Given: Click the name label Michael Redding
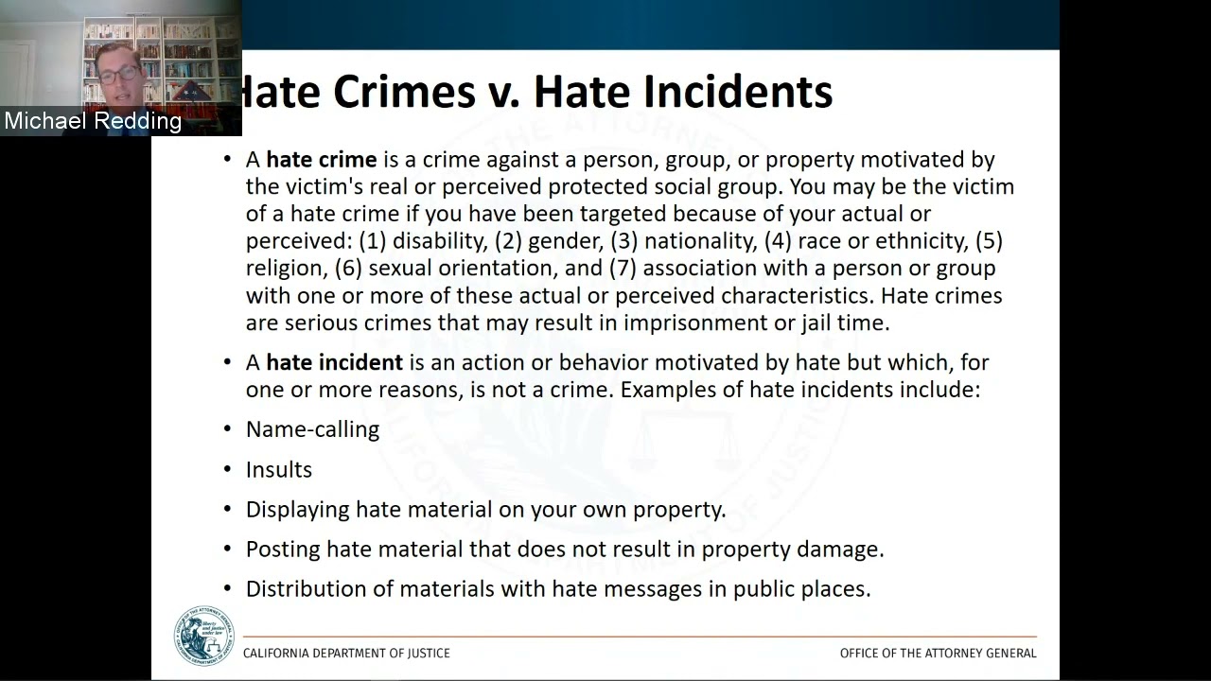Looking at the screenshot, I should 93,121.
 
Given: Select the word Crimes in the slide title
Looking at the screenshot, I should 404,92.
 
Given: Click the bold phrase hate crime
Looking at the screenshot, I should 322,160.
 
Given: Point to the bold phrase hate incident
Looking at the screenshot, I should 334,362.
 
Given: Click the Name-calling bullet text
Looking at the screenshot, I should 312,429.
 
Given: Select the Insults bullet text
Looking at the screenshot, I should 279,470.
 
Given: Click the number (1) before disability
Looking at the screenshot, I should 374,241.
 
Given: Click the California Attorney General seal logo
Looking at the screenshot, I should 203,636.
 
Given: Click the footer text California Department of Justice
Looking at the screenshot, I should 346,653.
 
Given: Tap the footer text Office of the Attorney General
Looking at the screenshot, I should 938,653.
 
